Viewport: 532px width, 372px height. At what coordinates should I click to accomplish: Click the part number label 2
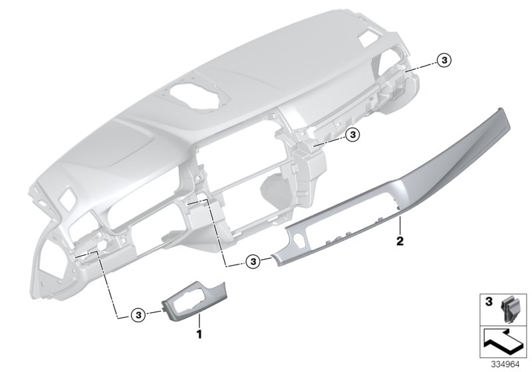pyautogui.click(x=400, y=239)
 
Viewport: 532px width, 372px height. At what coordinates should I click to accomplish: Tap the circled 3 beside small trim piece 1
pyautogui.click(x=137, y=314)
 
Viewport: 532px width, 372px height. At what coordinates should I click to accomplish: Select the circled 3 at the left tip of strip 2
pyautogui.click(x=253, y=262)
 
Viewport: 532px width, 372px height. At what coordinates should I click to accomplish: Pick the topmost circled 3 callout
pyautogui.click(x=444, y=61)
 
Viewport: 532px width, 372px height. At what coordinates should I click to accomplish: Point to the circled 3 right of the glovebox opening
pyautogui.click(x=353, y=135)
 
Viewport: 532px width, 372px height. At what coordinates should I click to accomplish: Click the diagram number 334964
pyautogui.click(x=507, y=365)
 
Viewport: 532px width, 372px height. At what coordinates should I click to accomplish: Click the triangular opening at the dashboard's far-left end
pyautogui.click(x=45, y=255)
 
